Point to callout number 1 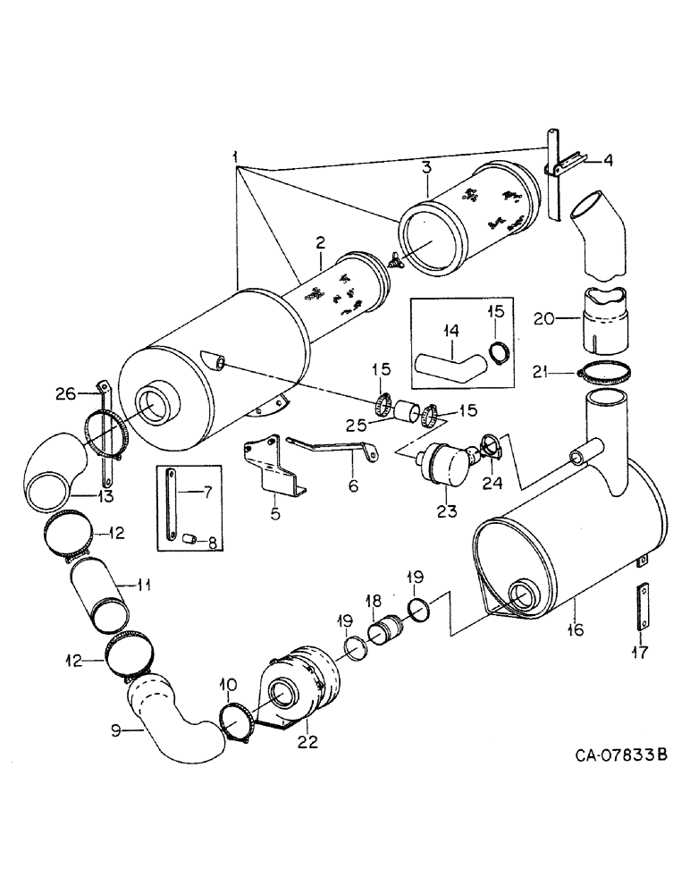[x=237, y=158]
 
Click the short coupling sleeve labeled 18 [x=390, y=635]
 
